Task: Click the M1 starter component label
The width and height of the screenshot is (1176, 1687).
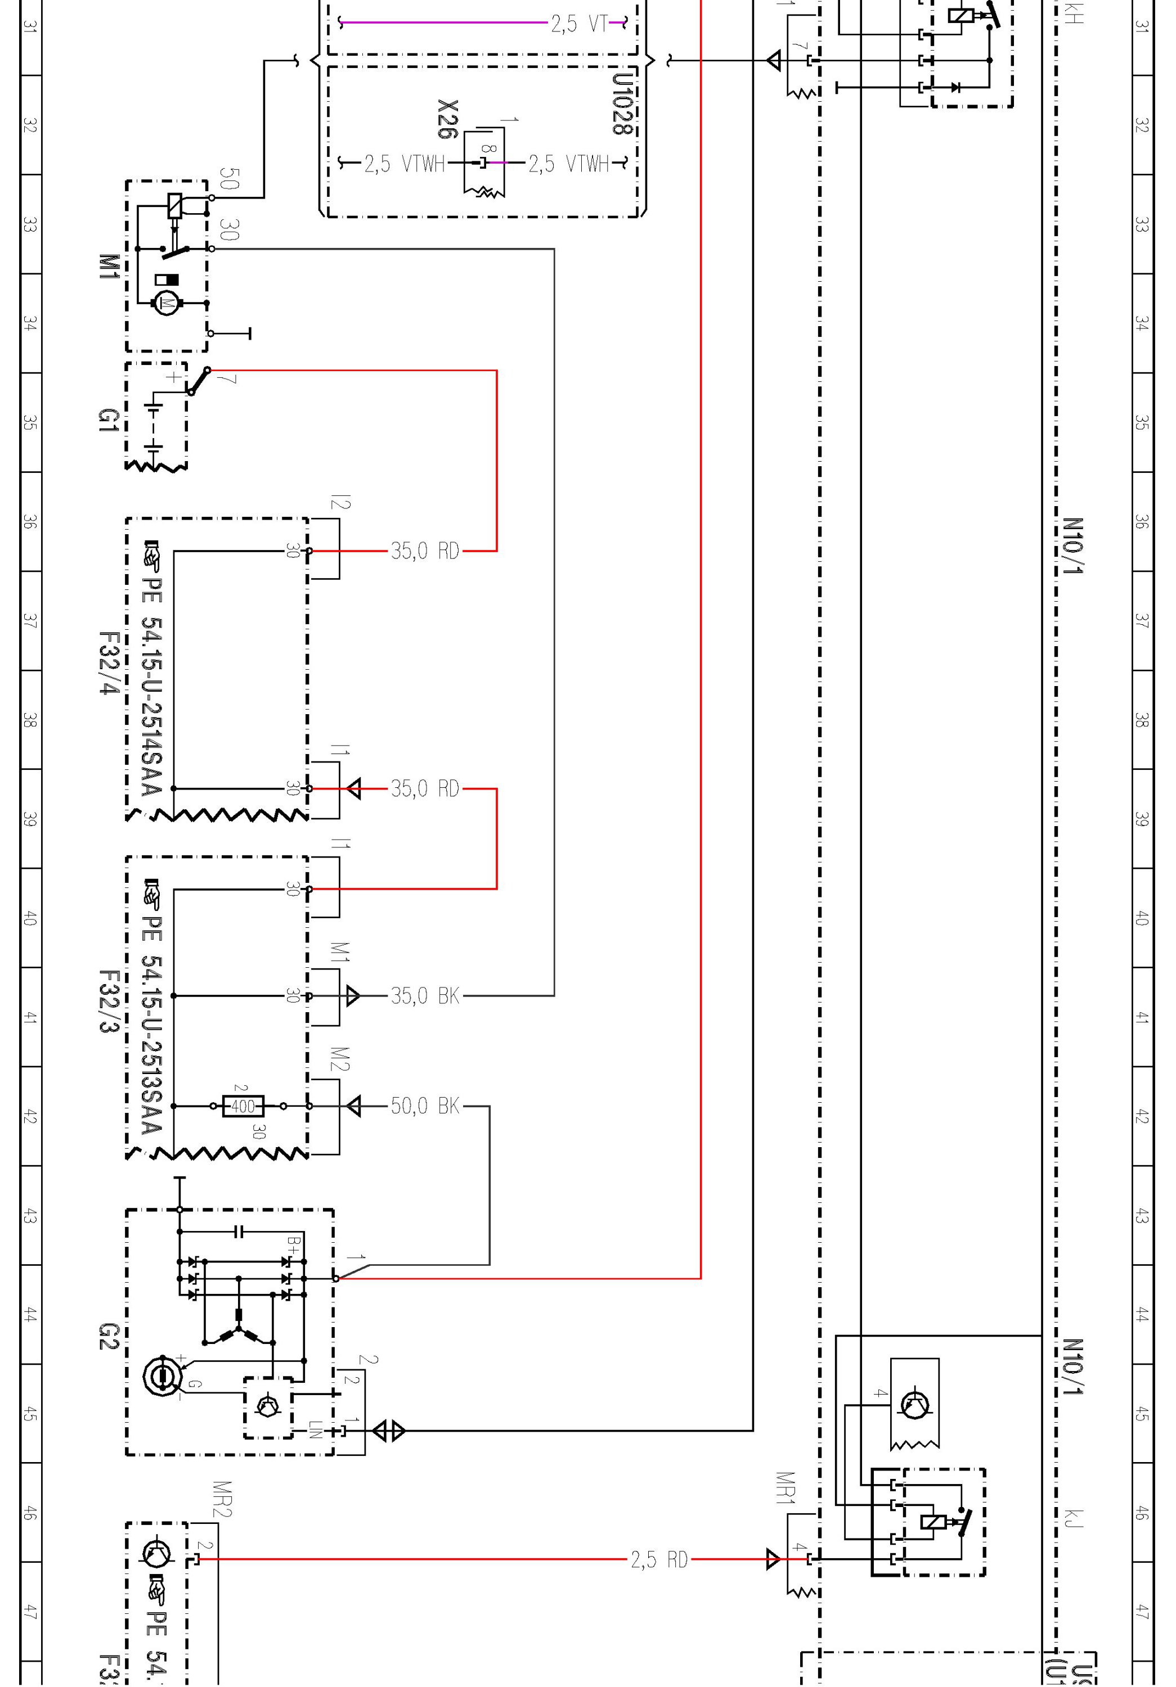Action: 108,266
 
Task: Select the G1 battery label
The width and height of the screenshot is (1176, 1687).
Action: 108,420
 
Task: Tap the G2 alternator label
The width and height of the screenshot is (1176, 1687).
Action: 108,1337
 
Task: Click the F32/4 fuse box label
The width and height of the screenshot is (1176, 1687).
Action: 108,663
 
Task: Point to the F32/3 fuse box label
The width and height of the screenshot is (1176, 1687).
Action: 108,1002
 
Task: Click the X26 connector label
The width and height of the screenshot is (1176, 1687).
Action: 447,119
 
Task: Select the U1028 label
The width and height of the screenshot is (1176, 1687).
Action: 622,103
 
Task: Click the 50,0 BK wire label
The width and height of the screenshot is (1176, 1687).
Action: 425,1106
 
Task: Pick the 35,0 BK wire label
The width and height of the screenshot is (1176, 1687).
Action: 425,995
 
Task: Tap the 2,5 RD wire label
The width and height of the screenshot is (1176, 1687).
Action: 658,1560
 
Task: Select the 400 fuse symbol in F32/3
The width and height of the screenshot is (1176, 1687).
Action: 243,1106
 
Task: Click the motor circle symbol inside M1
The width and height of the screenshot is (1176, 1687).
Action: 165,302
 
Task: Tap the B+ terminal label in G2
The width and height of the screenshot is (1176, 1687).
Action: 293,1243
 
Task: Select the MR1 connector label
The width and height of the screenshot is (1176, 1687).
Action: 785,1488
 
